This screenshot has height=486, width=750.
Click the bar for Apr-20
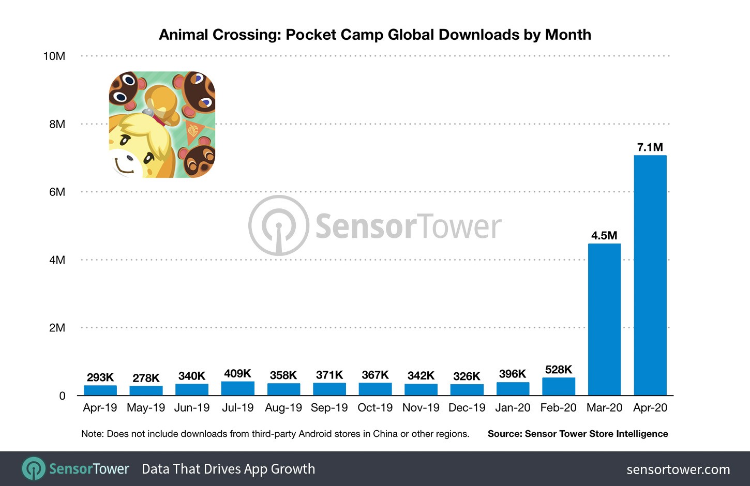point(650,275)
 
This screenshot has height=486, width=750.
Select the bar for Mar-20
point(604,320)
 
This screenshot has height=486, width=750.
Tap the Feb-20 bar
point(559,387)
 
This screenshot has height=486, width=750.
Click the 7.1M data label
point(650,147)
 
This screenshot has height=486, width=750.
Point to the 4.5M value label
point(604,236)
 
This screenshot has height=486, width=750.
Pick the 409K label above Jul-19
point(237,373)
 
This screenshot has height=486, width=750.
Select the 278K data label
point(146,378)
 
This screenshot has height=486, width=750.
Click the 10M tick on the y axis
point(54,56)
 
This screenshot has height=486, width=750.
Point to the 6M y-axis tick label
point(57,192)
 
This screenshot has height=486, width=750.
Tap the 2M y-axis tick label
point(57,328)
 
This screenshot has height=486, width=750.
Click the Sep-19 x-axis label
point(329,408)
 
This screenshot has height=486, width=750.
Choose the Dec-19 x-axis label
point(467,408)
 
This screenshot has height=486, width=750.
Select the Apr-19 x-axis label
point(100,408)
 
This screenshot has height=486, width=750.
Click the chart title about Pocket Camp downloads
point(375,35)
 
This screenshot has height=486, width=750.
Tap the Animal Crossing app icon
point(162,125)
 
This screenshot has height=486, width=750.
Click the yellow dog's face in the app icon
point(136,147)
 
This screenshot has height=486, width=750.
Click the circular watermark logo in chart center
point(279,225)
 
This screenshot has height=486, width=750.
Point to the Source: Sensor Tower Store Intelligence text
point(578,434)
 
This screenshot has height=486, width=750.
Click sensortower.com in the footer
point(678,469)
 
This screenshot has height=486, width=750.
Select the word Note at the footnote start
point(92,434)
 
